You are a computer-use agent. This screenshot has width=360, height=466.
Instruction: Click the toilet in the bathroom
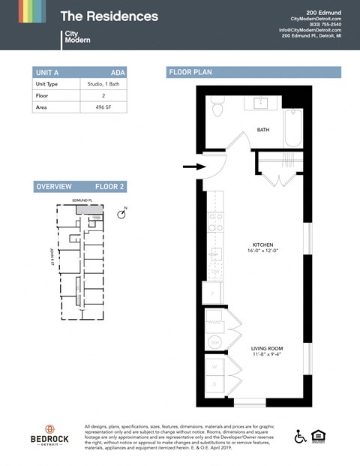(x=217, y=109)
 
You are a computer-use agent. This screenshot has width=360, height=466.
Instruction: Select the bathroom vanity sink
(x=262, y=103)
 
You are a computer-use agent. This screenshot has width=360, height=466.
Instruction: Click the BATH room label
(x=262, y=130)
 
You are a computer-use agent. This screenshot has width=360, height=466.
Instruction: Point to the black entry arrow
(x=192, y=167)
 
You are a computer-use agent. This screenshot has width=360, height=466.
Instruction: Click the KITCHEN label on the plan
(x=263, y=245)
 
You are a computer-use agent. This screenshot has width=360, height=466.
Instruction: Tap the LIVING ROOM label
(x=266, y=349)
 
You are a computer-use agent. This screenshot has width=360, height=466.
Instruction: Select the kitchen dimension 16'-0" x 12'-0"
(x=263, y=252)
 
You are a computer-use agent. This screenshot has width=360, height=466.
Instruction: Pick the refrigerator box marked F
(x=212, y=293)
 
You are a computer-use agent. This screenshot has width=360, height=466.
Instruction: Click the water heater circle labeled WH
(x=214, y=341)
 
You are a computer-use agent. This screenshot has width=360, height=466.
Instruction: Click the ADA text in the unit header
(x=117, y=73)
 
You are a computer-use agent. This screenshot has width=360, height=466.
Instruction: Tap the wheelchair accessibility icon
(x=300, y=436)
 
